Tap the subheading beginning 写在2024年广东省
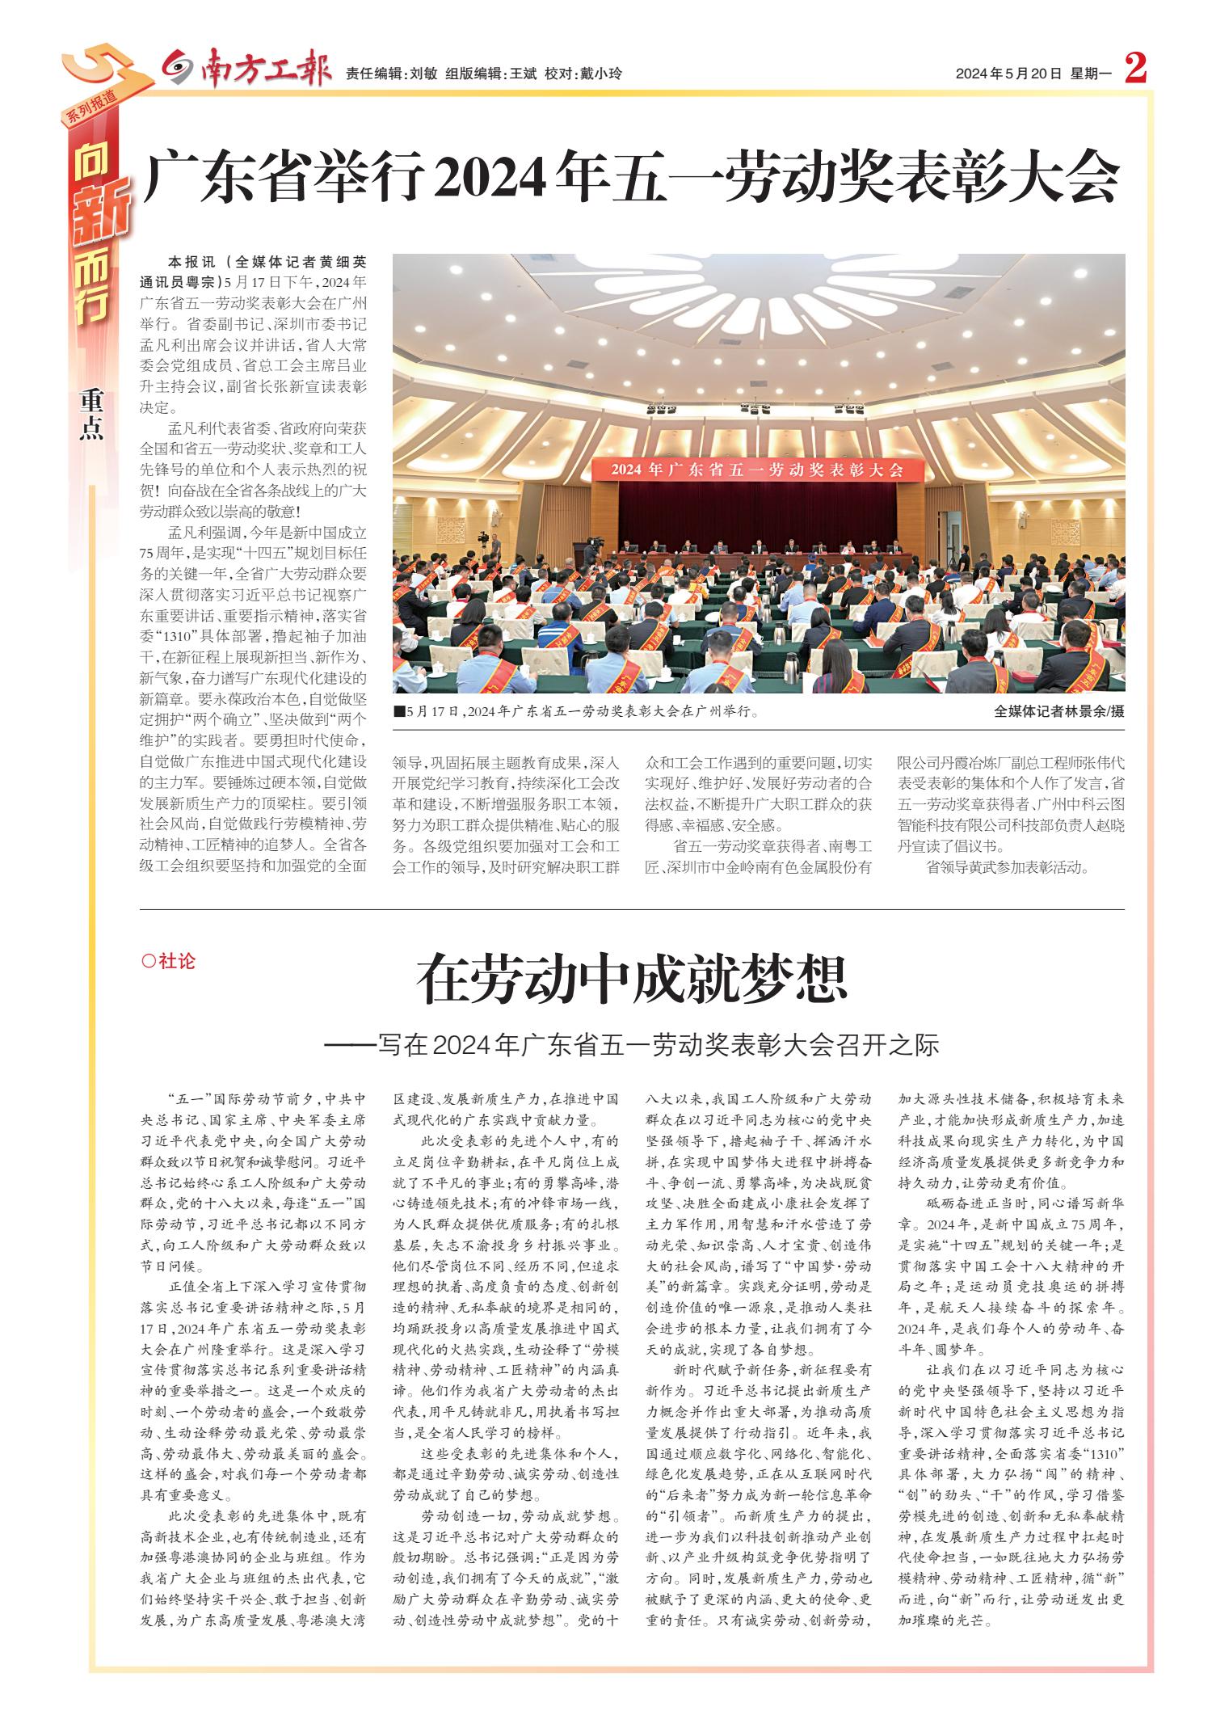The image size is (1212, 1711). point(632,1044)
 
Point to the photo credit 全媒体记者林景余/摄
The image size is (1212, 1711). point(1058,711)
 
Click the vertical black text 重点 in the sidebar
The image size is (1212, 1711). point(92,415)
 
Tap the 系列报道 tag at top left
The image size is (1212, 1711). point(89,105)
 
